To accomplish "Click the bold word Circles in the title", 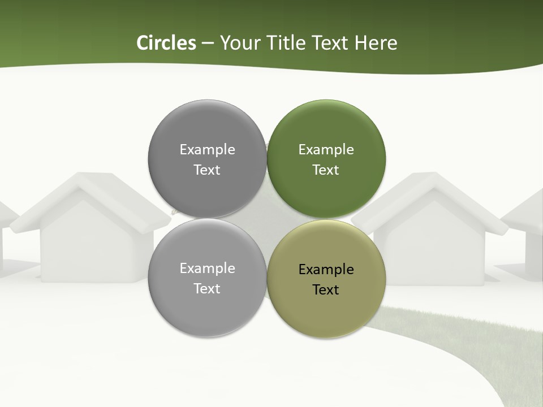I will [166, 43].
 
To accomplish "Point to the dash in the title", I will [208, 44].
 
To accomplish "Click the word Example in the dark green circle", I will [326, 150].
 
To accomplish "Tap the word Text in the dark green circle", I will [326, 170].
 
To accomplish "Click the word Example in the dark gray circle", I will [207, 150].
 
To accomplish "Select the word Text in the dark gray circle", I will [207, 170].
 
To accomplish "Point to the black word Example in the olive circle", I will [326, 270].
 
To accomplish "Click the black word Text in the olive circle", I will [326, 290].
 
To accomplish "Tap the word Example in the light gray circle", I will [207, 269].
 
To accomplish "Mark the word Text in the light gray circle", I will [207, 289].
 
